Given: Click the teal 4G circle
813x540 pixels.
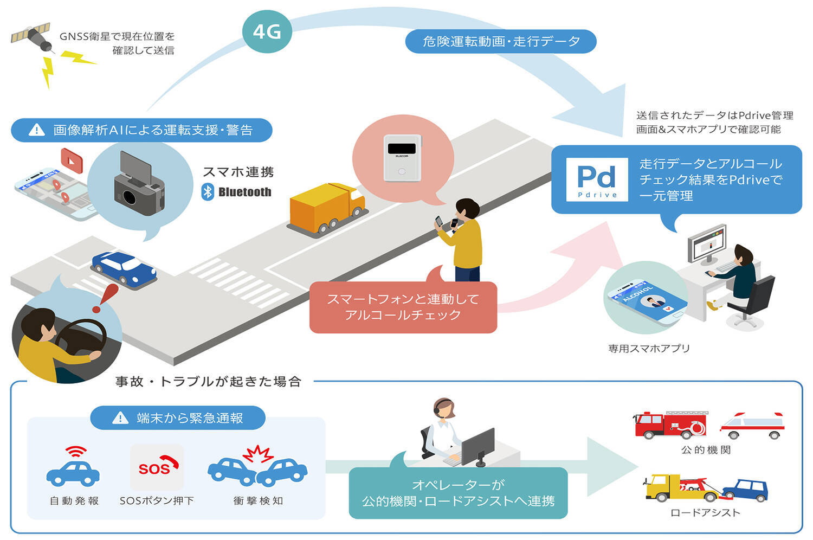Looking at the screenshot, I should point(267,32).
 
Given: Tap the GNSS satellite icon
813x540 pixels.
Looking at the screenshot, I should point(32,37).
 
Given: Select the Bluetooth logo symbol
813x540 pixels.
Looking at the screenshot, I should point(208,192).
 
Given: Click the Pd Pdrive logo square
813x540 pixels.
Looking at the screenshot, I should point(597,179).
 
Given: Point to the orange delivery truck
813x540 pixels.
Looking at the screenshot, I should point(325,208).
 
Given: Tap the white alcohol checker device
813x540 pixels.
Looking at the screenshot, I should point(402,157).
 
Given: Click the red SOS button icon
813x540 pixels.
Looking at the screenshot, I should point(157,467).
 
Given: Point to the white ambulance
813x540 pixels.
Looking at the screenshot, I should point(753,425).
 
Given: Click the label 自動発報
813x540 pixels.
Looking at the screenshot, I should point(74,501).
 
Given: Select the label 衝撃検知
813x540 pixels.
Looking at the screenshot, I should point(258,501).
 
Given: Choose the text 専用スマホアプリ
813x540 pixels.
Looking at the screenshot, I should point(649,349).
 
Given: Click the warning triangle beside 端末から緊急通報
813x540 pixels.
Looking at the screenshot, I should point(120,418).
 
